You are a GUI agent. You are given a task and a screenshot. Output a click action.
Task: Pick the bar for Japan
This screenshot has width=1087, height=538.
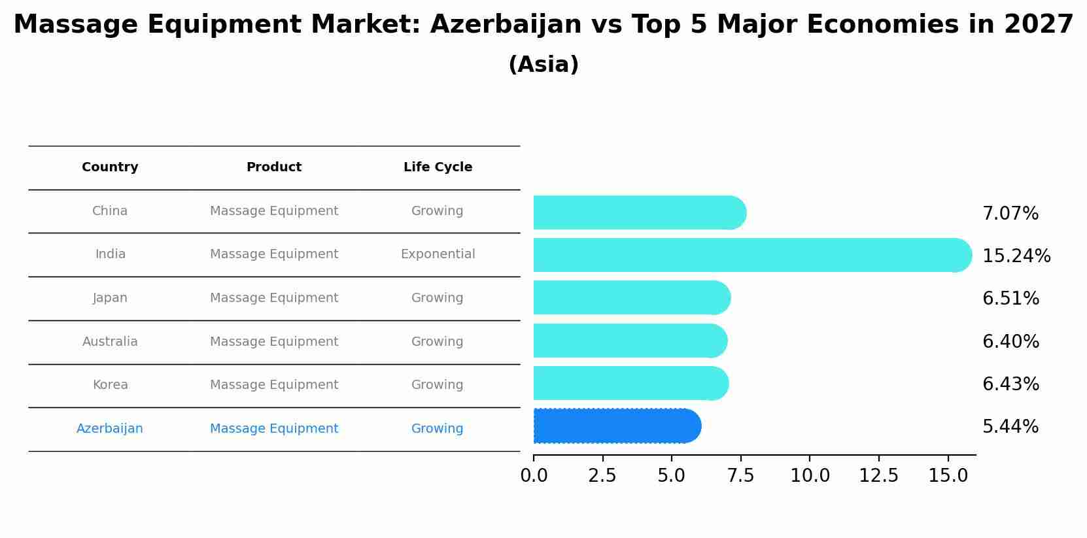(631, 297)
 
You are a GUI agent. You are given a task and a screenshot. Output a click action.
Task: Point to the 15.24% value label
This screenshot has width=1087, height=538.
(1016, 256)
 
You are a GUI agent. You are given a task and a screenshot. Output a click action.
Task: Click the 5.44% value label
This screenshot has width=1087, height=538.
(1010, 427)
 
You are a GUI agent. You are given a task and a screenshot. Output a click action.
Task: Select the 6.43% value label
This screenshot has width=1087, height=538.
(1010, 384)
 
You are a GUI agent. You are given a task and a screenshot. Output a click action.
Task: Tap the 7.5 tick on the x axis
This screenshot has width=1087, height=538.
(741, 475)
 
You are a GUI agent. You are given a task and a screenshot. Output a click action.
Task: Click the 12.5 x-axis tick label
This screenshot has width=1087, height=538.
(878, 475)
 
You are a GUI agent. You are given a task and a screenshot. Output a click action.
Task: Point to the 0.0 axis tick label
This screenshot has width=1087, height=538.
(534, 475)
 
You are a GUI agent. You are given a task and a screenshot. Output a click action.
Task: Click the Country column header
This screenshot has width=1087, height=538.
(110, 167)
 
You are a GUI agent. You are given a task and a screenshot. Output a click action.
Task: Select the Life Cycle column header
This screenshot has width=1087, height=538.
(438, 167)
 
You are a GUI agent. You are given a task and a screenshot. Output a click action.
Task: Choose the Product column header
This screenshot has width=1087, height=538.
(274, 167)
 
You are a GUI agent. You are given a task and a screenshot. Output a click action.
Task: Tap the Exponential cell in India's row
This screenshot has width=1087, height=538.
(438, 254)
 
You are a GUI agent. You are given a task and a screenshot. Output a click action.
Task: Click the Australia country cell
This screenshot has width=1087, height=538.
(110, 342)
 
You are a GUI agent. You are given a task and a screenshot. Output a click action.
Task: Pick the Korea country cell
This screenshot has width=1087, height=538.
(110, 385)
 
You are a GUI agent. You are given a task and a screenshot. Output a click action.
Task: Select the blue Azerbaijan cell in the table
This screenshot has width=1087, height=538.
(110, 429)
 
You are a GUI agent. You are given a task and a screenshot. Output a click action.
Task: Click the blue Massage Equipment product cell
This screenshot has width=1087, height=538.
(274, 429)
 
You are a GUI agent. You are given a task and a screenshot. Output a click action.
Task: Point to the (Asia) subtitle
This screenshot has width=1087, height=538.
(543, 65)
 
